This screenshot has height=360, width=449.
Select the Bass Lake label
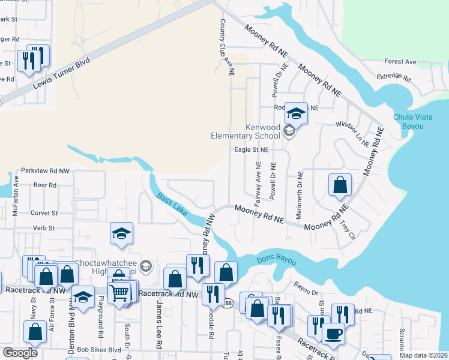[x=172, y=204]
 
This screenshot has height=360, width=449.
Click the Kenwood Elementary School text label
[x=247, y=131]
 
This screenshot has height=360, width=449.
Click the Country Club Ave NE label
[x=226, y=47]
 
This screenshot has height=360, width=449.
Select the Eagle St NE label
[x=251, y=149]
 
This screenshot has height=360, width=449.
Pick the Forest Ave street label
[x=400, y=62]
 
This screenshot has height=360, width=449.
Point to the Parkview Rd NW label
[x=45, y=171]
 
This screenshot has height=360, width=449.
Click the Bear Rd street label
[x=44, y=185]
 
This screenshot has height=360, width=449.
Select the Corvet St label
[x=44, y=213]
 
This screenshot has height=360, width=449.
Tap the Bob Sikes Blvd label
[x=98, y=350]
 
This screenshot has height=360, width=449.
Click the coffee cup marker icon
[x=333, y=333]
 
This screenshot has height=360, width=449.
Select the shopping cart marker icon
[x=119, y=293]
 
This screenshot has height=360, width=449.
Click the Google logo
[x=20, y=353]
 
